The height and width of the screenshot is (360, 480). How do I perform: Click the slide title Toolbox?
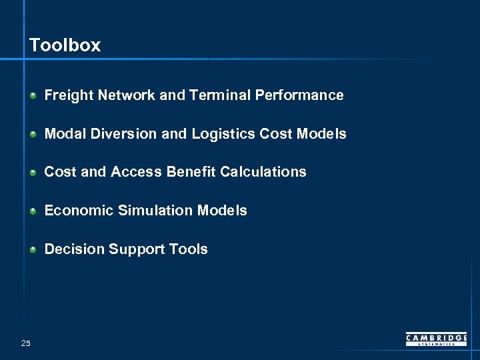65,45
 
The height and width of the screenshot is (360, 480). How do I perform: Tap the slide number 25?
26,343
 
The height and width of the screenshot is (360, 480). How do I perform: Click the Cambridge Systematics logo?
436,339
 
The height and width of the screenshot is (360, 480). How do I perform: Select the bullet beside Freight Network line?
33,96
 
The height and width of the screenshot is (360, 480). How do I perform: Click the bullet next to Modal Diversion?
33,135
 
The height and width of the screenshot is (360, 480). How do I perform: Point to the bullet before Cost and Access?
33,173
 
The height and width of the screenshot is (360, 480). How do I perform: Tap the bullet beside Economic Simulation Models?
33,211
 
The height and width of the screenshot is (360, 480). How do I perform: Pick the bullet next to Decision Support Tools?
33,250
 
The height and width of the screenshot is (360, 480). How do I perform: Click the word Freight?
69,95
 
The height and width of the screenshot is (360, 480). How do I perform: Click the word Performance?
299,95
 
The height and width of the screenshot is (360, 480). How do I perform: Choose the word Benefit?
191,172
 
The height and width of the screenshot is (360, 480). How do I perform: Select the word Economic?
79,211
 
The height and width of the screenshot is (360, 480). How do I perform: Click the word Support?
135,249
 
